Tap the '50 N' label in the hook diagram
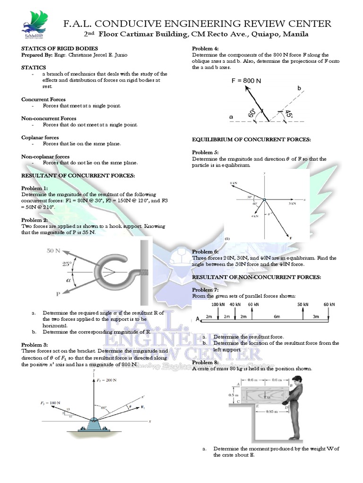tap(53, 251)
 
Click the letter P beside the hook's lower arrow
tap(58, 294)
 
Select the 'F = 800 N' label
tap(246, 81)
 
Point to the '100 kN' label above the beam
tap(218, 305)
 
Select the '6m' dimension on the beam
tap(277, 316)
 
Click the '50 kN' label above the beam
tap(303, 305)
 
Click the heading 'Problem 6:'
tap(205, 252)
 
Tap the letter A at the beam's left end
tap(197, 319)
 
